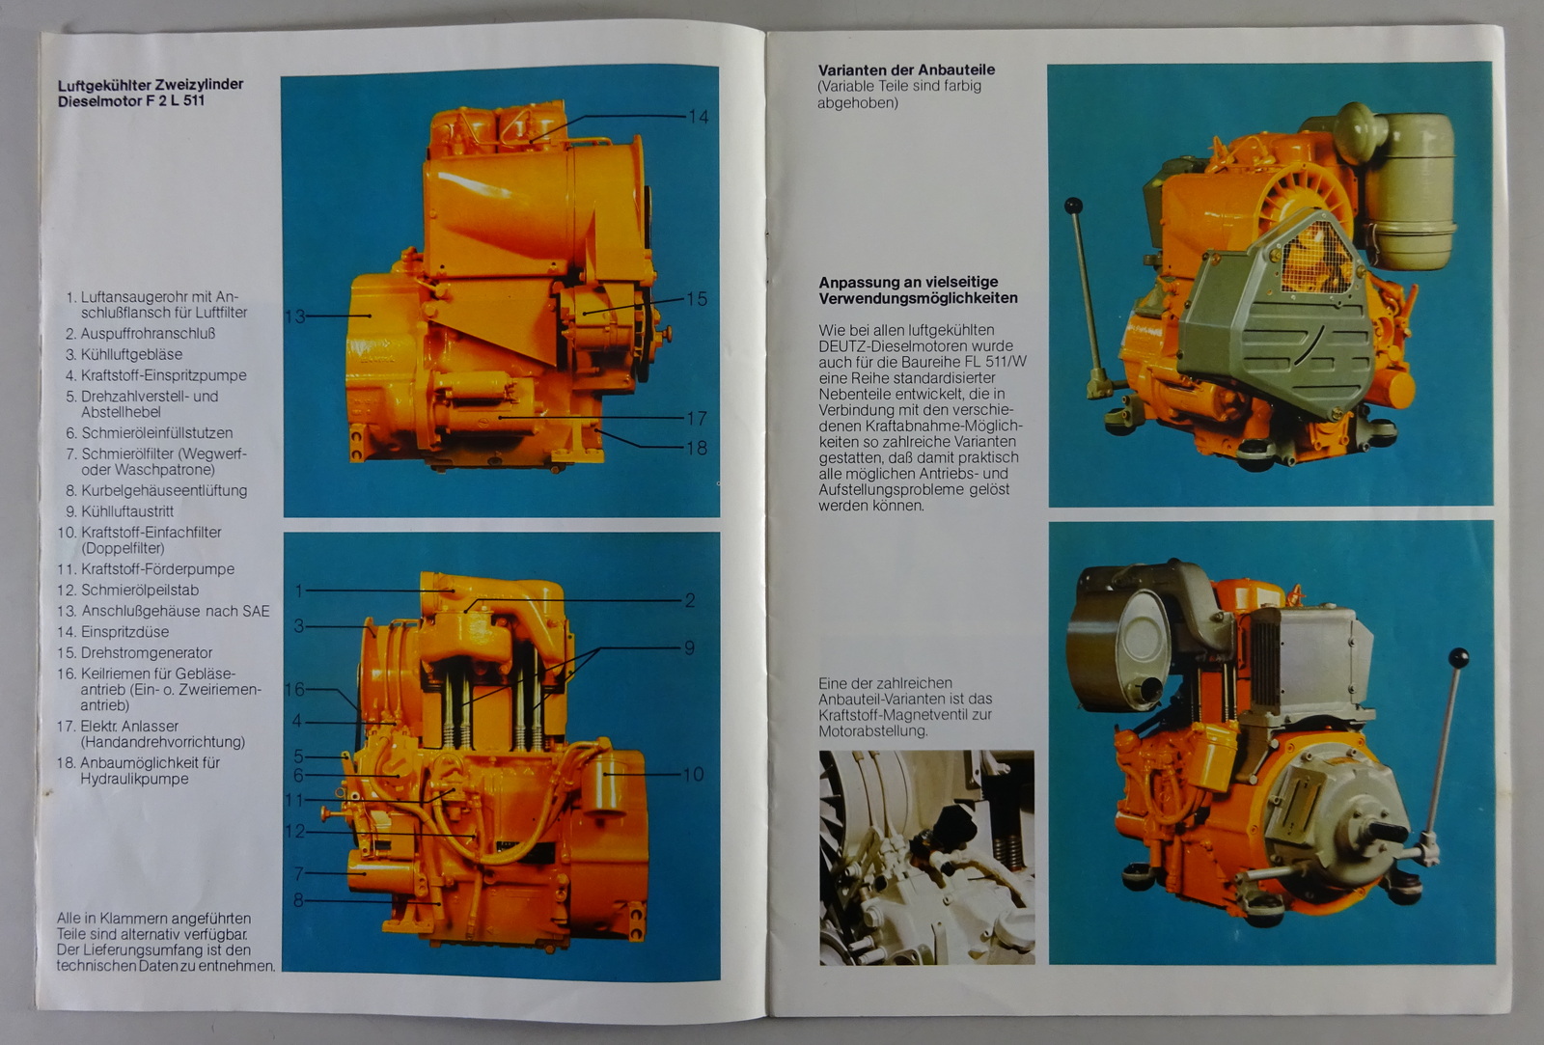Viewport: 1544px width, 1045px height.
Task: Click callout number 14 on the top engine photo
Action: coord(698,117)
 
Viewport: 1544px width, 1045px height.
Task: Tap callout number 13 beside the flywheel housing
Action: coord(294,316)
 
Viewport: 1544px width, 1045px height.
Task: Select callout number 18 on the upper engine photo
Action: coord(696,448)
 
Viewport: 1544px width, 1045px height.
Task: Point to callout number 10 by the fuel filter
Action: coord(694,774)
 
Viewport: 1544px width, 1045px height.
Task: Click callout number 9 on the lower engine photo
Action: coord(689,648)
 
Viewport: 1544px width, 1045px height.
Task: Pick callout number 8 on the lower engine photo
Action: coord(298,900)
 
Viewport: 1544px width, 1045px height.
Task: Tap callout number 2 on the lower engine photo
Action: coord(690,600)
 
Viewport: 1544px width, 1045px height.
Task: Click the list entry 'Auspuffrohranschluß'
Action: coord(149,334)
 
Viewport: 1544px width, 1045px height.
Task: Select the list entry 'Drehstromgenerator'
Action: coord(147,653)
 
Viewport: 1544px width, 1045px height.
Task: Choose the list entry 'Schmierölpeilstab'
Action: coord(140,591)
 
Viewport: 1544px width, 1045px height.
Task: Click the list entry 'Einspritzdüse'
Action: coord(124,632)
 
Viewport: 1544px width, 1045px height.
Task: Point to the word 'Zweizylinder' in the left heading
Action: coord(199,85)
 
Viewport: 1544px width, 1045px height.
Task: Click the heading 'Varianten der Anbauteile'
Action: coord(906,69)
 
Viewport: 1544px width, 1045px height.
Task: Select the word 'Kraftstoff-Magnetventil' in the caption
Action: coord(896,715)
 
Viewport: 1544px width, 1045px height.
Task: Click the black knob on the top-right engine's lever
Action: coord(1073,206)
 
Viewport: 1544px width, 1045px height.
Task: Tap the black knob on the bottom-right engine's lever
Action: coord(1458,658)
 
